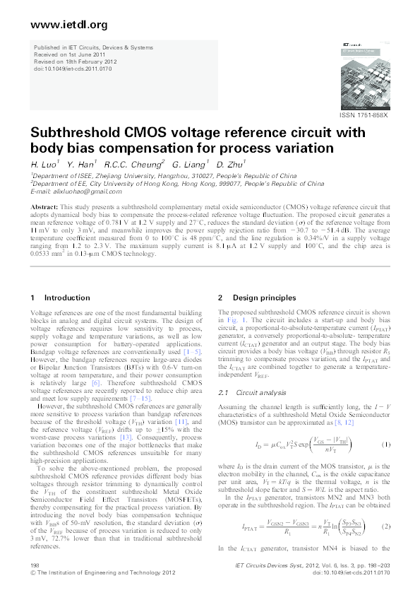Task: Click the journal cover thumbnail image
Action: point(361,78)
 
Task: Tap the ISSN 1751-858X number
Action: point(364,115)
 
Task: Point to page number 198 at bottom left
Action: point(35,566)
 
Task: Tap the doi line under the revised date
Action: point(66,68)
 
